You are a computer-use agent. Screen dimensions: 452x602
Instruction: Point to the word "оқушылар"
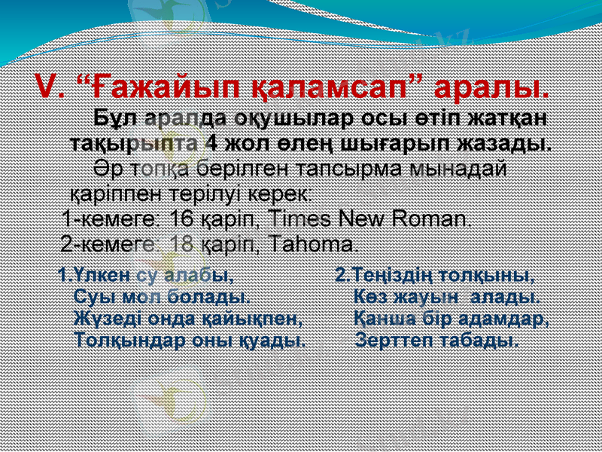(x=290, y=121)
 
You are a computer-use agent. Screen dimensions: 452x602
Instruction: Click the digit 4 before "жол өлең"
(x=213, y=143)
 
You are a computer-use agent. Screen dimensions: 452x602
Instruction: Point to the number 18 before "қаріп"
(x=181, y=245)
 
